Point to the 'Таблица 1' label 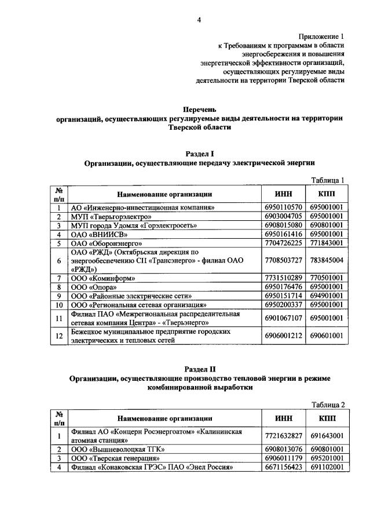tap(328, 180)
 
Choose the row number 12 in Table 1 tap(58, 336)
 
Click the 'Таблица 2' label tap(328, 404)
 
